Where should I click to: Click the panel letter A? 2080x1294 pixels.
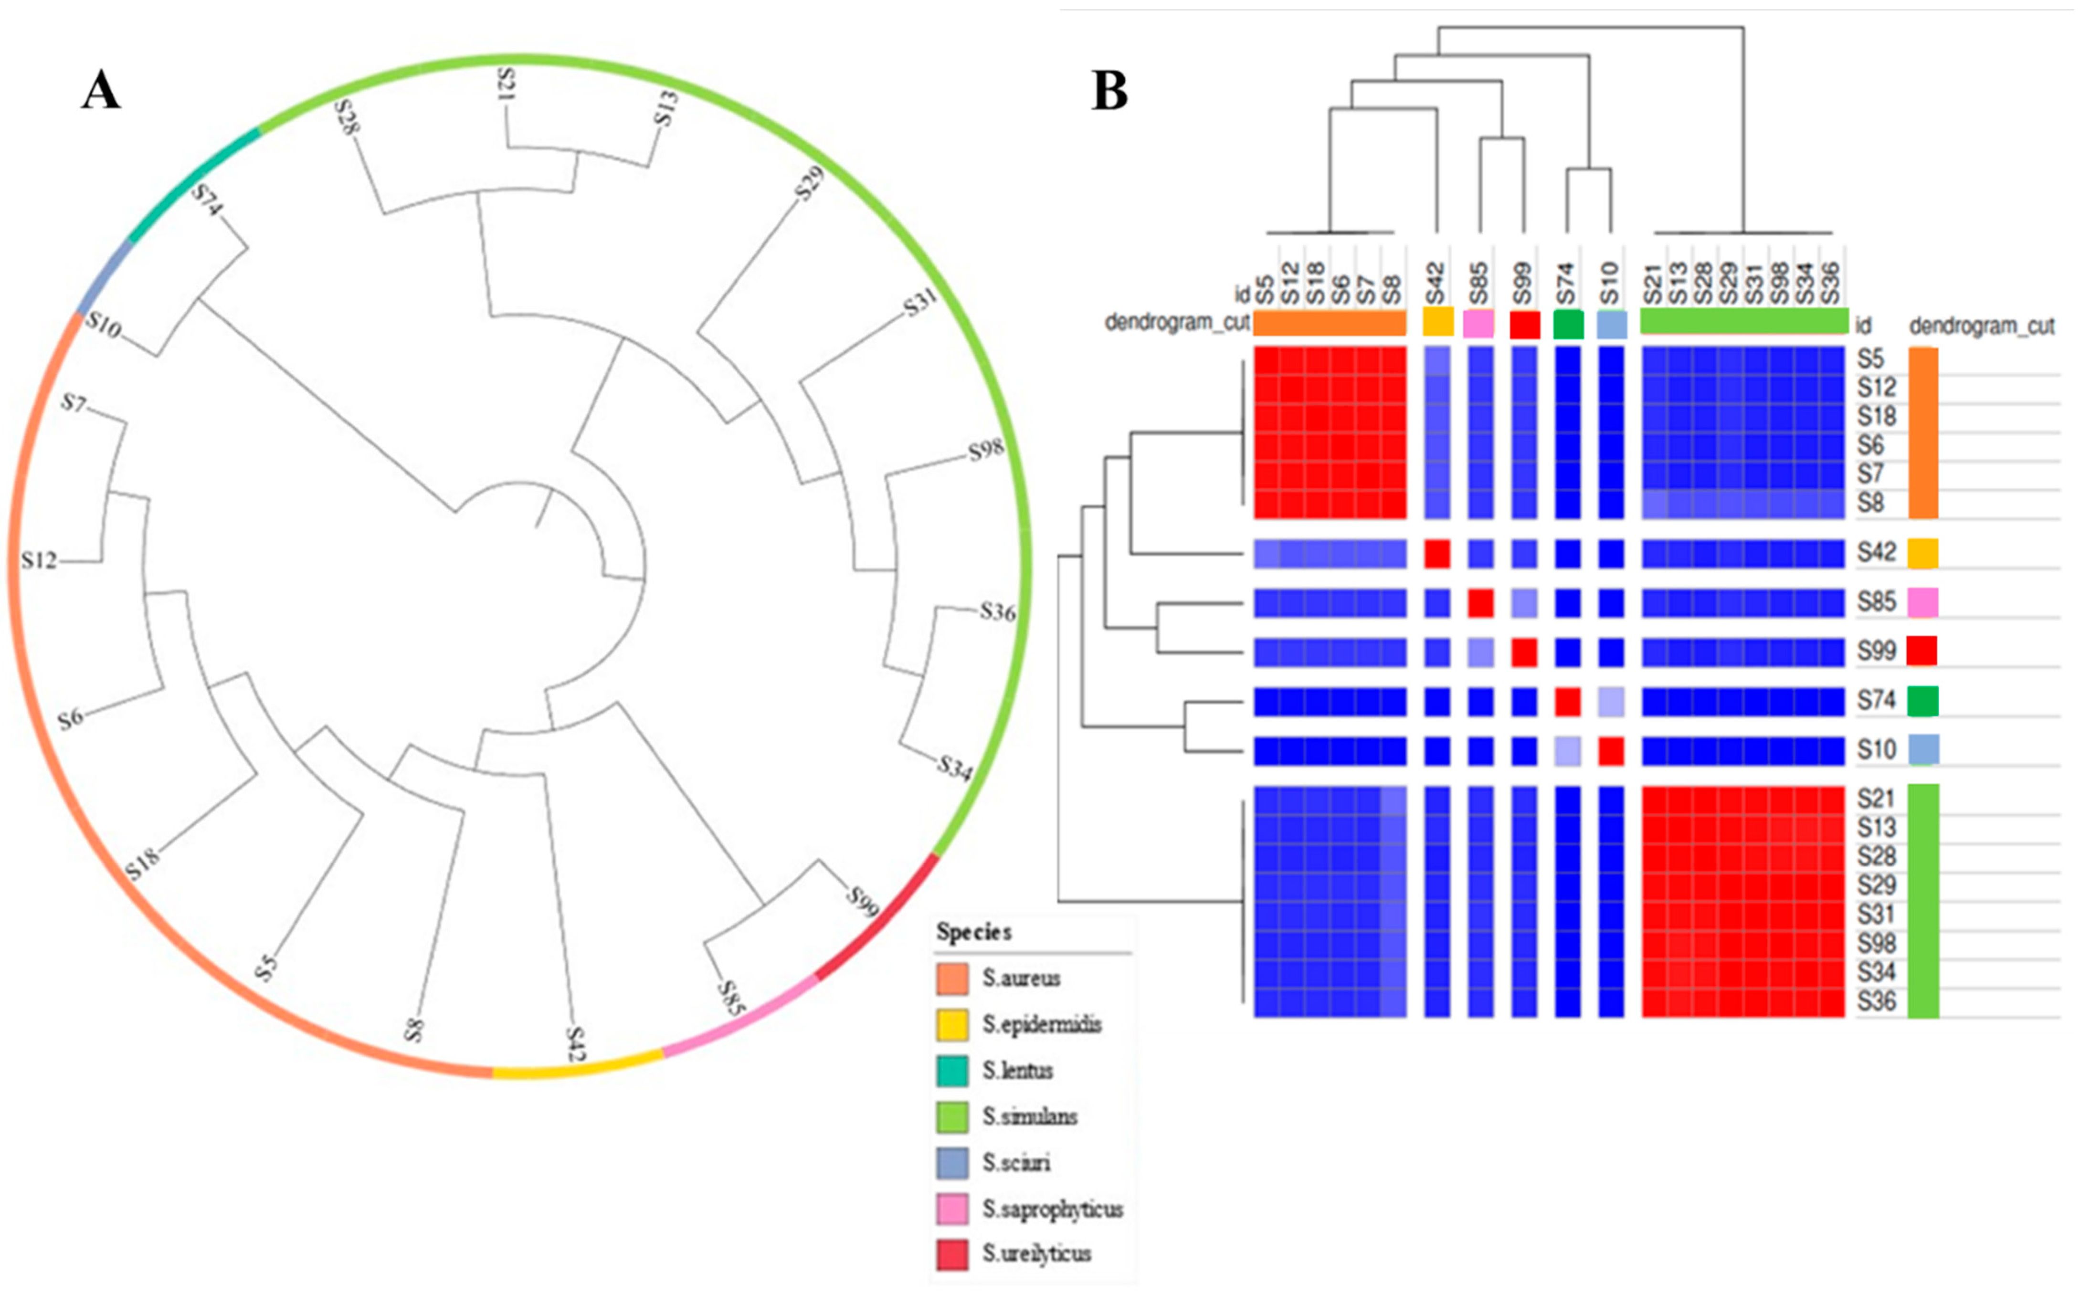[101, 91]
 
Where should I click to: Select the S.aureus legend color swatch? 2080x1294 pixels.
[952, 978]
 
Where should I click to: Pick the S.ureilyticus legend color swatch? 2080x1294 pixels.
[952, 1255]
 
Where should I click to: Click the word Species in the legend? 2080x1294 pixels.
[973, 932]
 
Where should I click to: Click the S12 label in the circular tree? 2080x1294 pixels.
[39, 560]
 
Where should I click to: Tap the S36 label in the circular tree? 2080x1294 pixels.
[997, 612]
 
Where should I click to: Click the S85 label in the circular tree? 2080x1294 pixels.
[730, 998]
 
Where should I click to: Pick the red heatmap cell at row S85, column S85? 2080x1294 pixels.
[1480, 603]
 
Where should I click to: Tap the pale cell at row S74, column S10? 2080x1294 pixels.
[1610, 702]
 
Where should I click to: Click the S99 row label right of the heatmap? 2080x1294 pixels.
[1876, 651]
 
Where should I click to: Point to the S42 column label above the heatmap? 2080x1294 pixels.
[1436, 283]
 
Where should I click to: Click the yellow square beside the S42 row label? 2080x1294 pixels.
[1922, 554]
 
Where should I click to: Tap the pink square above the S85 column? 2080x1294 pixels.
[1478, 324]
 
